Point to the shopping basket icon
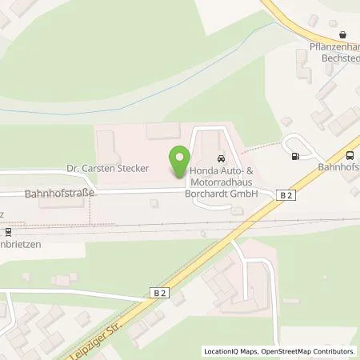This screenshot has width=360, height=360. (342, 34)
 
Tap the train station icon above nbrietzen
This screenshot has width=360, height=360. (8, 233)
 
